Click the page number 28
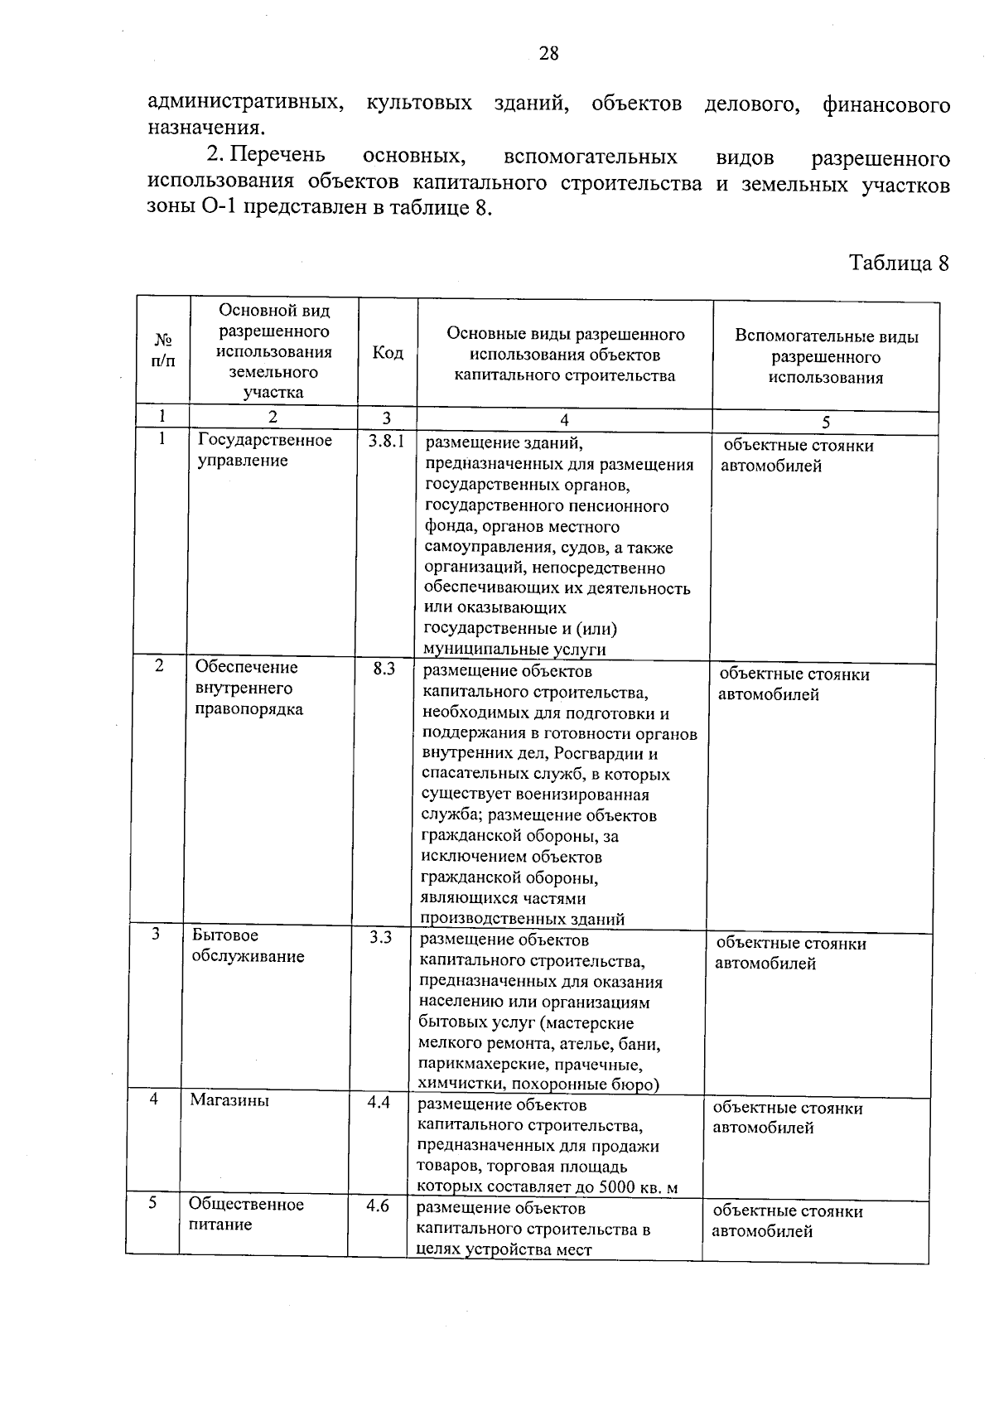point(548,54)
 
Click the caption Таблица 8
point(899,263)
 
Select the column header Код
point(388,353)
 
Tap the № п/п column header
point(163,350)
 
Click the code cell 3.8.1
point(386,442)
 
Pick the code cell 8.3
point(384,668)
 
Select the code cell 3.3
point(380,938)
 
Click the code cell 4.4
point(379,1103)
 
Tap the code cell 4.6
point(378,1205)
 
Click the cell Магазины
point(229,1100)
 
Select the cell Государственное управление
point(264,451)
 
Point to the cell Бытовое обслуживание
point(248,945)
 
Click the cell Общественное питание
point(245,1214)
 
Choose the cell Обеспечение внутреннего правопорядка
point(248,688)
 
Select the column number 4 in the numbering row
point(564,420)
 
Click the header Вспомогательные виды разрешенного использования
point(826,357)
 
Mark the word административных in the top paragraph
point(244,104)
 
